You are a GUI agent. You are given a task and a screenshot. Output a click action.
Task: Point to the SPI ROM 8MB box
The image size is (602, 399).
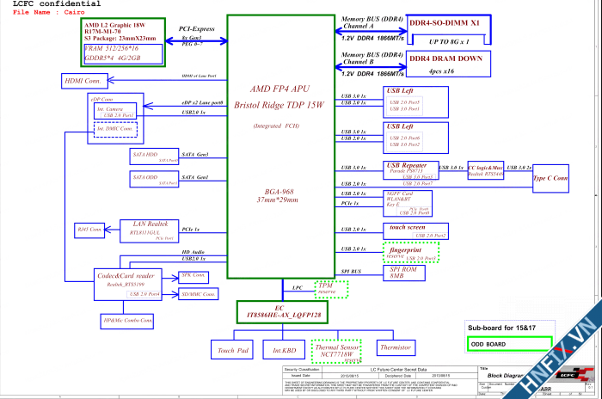click(x=410, y=273)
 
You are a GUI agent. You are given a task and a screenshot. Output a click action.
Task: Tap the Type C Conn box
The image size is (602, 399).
click(x=551, y=178)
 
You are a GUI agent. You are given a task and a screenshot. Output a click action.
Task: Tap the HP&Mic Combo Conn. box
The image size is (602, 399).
click(x=127, y=321)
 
